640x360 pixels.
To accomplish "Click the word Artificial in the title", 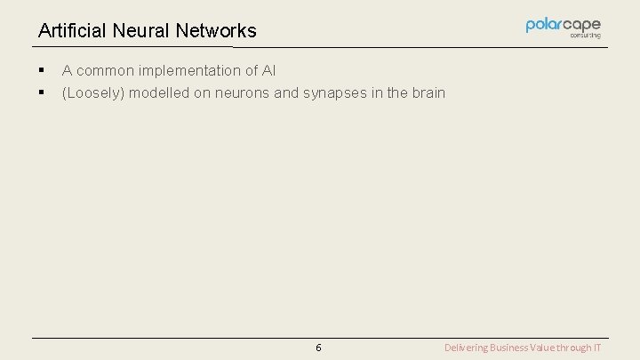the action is click(70, 31).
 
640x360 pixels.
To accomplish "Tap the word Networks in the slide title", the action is click(216, 31).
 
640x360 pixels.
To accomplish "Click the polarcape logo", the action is click(563, 25).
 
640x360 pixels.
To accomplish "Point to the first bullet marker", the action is click(41, 70).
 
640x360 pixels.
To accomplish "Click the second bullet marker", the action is click(41, 92).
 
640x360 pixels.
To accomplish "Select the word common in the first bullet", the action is click(105, 70).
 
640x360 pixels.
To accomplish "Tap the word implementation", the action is click(191, 70).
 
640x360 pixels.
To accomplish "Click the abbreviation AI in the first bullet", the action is click(268, 70).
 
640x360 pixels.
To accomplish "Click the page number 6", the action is click(318, 348).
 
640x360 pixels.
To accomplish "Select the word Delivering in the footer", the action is click(466, 348).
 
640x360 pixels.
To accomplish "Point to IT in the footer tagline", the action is click(597, 348).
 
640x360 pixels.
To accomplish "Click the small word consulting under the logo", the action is click(585, 36).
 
